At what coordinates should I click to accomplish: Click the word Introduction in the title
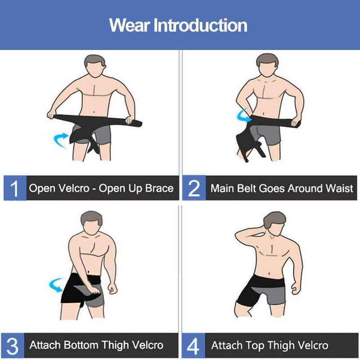[200, 25]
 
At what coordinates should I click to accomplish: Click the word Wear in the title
[130, 25]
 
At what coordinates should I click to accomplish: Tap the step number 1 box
[15, 188]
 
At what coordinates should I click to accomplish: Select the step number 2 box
[194, 188]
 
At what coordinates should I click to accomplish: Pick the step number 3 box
[13, 345]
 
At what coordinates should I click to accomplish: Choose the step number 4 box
[193, 345]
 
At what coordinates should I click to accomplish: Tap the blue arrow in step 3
[57, 285]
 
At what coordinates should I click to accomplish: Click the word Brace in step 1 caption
[159, 188]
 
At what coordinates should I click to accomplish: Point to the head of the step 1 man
[95, 66]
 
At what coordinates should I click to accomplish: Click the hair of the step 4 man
[274, 219]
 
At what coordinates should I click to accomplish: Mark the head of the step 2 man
[267, 65]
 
